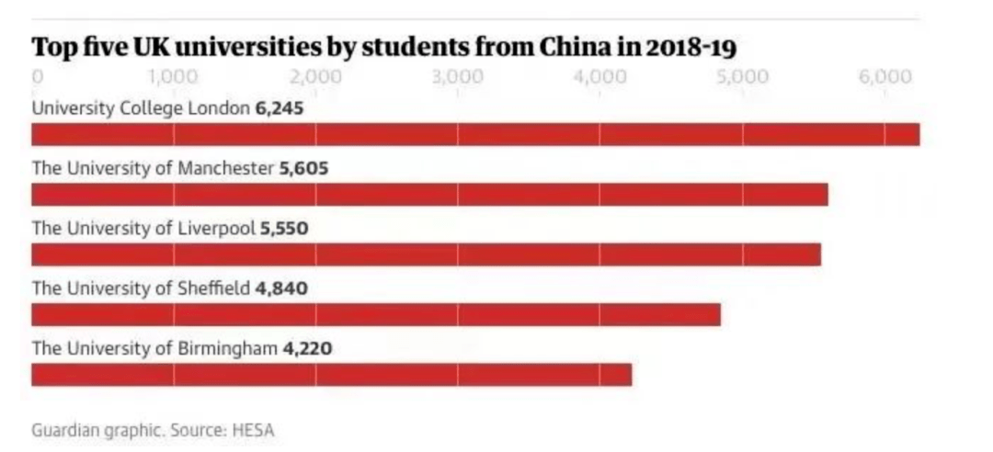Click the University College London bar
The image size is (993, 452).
pyautogui.click(x=475, y=134)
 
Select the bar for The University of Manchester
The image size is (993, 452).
pyautogui.click(x=429, y=195)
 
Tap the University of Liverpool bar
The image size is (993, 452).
pyautogui.click(x=426, y=254)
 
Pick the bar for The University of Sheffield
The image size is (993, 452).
pyautogui.click(x=375, y=315)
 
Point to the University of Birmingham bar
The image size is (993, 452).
pyautogui.click(x=331, y=375)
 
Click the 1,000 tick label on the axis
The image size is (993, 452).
pyautogui.click(x=172, y=76)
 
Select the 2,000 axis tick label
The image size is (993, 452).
pyautogui.click(x=315, y=76)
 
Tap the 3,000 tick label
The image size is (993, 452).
pyautogui.click(x=458, y=76)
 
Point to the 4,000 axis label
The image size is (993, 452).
pyautogui.click(x=599, y=76)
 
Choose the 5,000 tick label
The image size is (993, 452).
pyautogui.click(x=742, y=76)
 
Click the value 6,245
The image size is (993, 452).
pyautogui.click(x=279, y=108)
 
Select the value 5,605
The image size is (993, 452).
pyautogui.click(x=303, y=169)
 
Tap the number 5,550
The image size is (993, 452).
pyautogui.click(x=284, y=229)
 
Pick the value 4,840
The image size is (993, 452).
pyautogui.click(x=281, y=288)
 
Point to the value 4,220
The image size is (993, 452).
pyautogui.click(x=306, y=349)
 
